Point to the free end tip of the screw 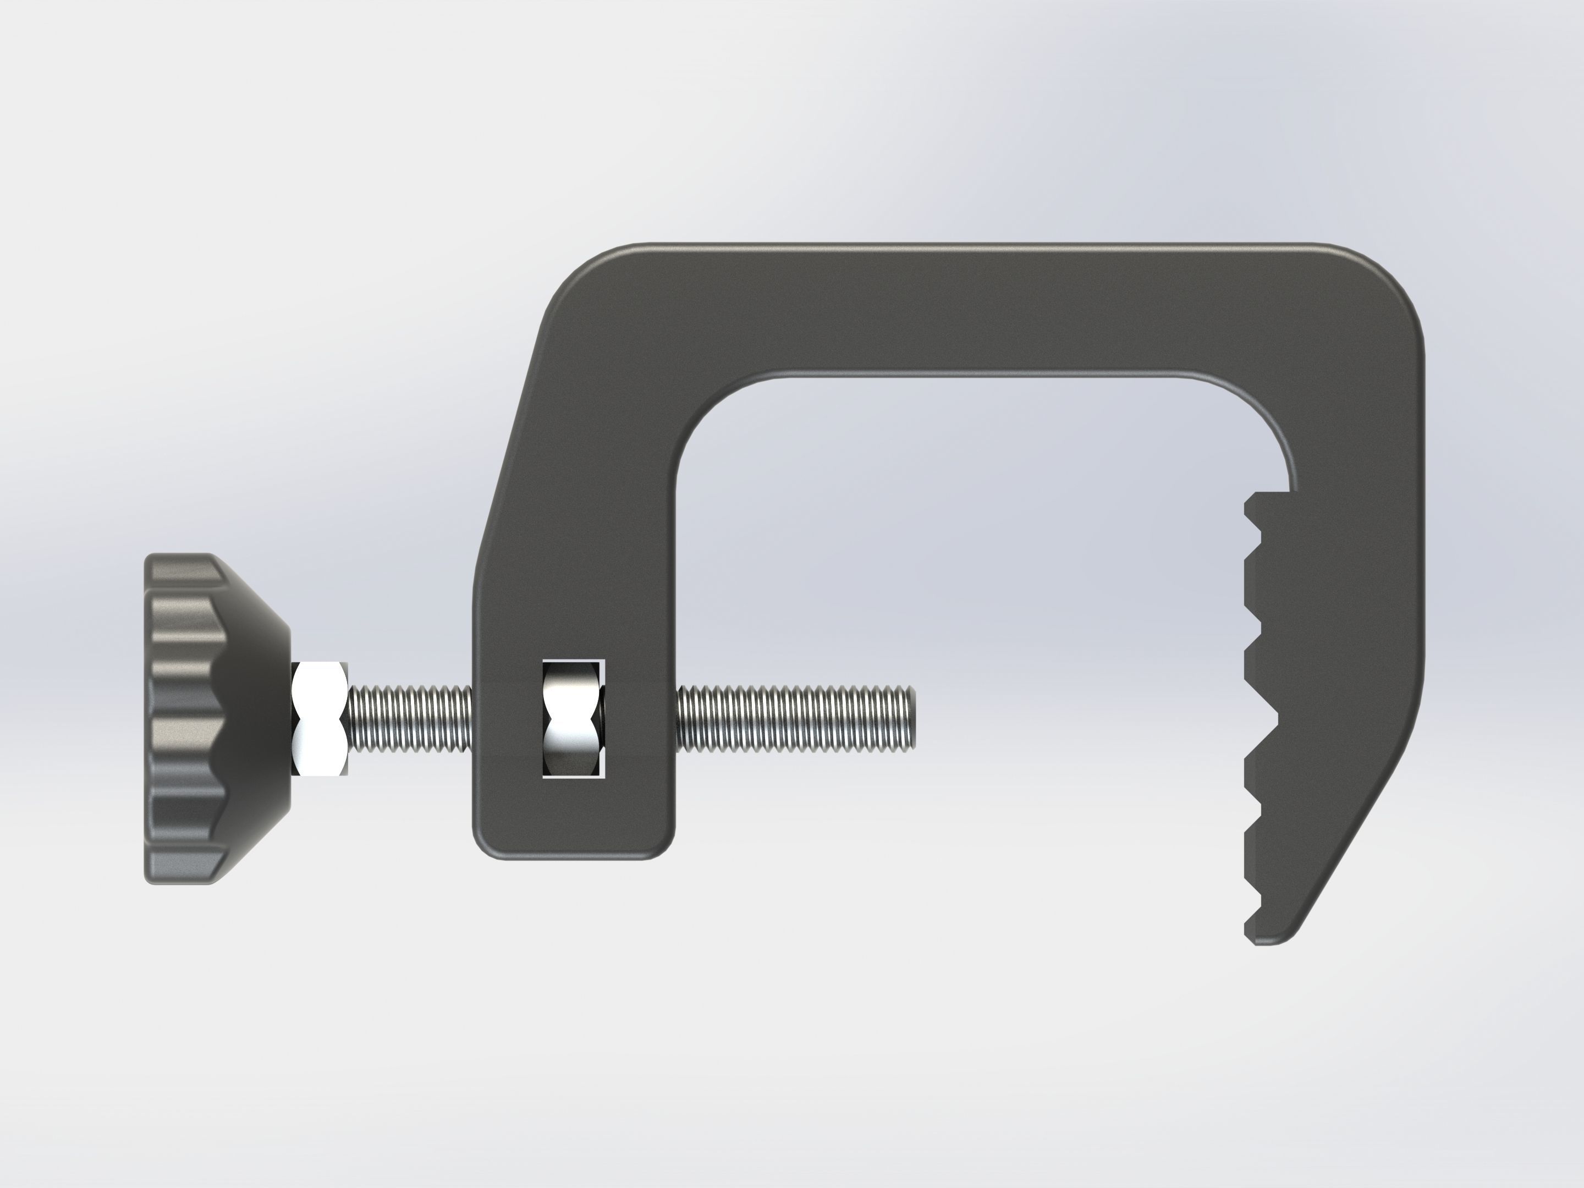[x=914, y=718]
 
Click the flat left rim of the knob [x=149, y=718]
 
